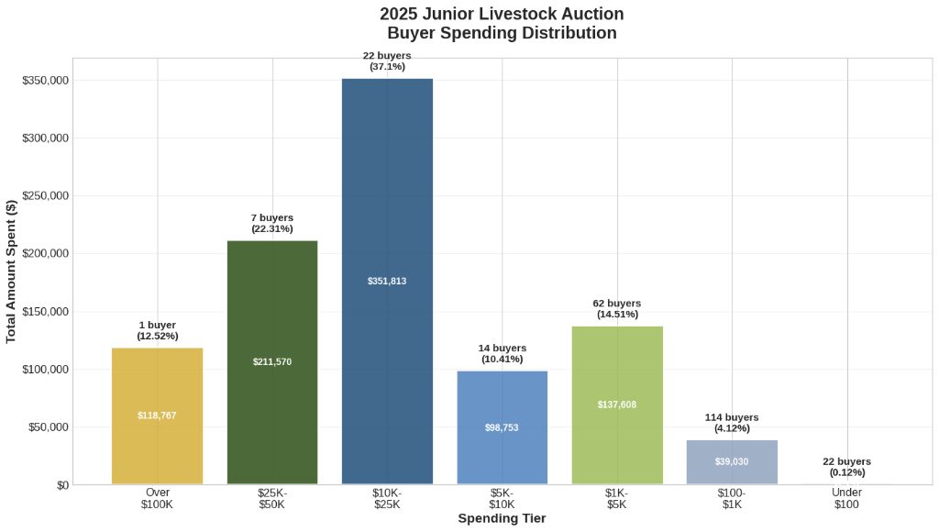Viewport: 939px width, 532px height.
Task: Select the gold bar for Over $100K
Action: pos(157,385)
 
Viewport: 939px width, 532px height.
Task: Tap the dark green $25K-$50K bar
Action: pos(272,303)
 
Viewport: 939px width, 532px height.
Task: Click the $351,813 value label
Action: pos(387,282)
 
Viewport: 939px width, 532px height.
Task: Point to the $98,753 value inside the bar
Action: pos(502,428)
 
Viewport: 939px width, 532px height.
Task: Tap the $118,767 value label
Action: pos(157,416)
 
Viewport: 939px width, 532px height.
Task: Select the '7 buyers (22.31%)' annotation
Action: pos(272,223)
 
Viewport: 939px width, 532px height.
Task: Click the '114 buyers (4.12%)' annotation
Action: pos(732,423)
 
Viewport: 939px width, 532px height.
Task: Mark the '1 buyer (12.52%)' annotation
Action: pos(157,331)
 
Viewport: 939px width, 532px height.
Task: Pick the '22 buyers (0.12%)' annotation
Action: pos(846,467)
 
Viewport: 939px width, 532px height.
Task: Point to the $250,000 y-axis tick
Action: pos(45,196)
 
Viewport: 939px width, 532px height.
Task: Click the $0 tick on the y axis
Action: pos(62,485)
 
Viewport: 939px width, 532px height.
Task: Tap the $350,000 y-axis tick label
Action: pos(45,81)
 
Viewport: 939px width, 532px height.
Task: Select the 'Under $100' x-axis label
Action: pos(846,499)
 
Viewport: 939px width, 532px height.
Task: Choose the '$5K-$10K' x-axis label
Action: pos(502,499)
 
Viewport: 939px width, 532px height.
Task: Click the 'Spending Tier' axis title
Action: pos(502,519)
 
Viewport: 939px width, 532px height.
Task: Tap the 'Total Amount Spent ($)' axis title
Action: pos(12,272)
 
